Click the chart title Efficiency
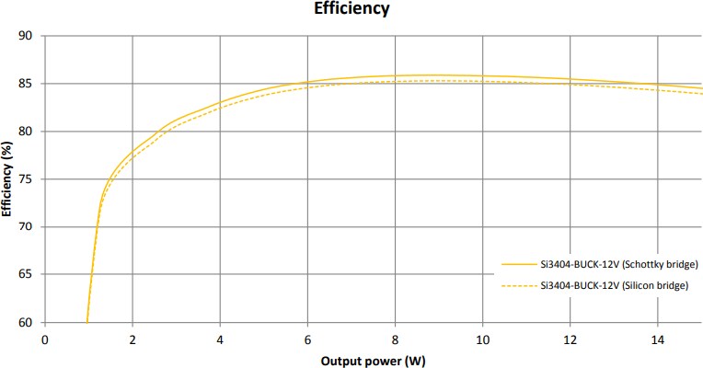[351, 9]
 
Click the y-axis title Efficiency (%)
[8, 179]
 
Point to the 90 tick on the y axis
[26, 36]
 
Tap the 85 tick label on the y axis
[26, 84]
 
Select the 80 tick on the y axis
[26, 132]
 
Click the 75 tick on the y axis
[26, 179]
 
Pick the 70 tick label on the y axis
[26, 227]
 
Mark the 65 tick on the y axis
[26, 275]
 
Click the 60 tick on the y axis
[26, 323]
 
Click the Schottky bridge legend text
[615, 265]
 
